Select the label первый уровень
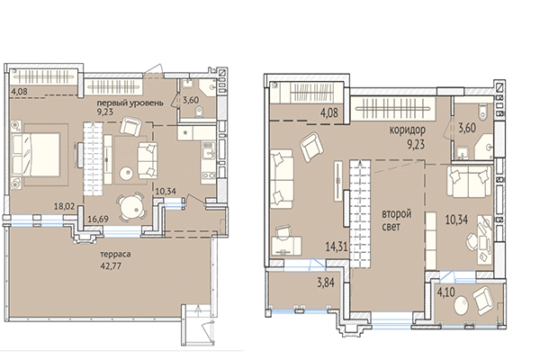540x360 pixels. tap(130, 103)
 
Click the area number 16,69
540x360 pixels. tap(97, 219)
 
